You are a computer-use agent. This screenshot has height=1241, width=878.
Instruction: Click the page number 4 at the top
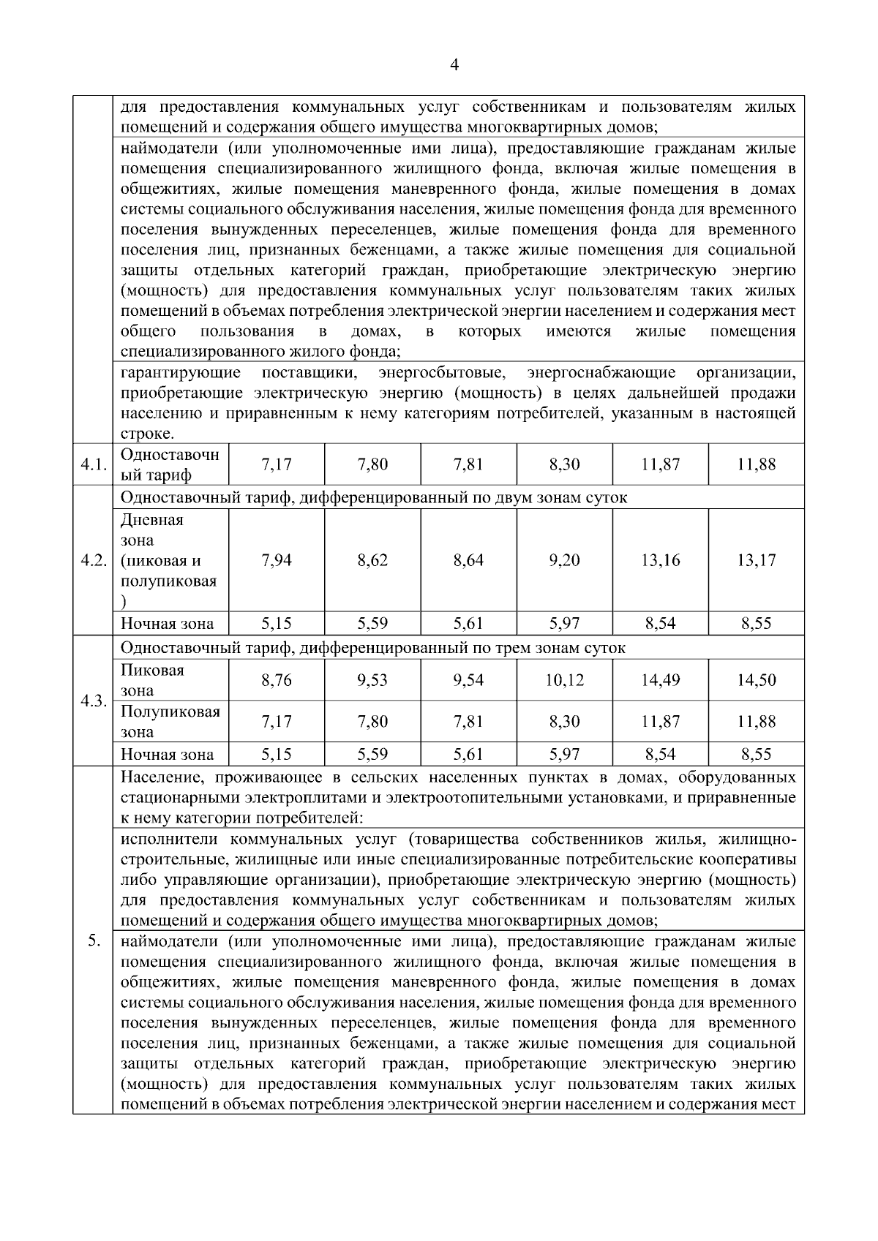pos(454,65)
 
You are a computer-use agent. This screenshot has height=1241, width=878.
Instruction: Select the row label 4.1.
pos(93,464)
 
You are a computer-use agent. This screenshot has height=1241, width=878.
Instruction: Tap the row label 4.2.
pos(93,561)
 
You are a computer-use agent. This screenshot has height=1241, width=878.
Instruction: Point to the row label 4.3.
pos(93,701)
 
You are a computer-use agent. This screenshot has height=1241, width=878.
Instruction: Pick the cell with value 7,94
pos(276,561)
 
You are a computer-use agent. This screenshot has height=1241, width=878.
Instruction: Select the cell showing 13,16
pos(660,561)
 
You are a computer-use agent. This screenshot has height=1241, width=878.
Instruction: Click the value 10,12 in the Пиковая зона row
pos(564,681)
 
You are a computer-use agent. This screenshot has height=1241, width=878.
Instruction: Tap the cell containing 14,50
pos(756,681)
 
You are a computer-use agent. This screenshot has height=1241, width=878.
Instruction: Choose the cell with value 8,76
pos(276,681)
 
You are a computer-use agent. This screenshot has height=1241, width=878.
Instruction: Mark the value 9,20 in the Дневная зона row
pos(564,561)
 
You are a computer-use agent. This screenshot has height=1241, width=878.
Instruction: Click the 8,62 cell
pos(372,561)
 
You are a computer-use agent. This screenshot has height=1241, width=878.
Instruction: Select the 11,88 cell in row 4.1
pos(756,464)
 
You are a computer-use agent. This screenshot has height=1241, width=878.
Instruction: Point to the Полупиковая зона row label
pos(170,722)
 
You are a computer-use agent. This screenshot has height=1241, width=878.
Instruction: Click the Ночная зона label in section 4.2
pos(168,624)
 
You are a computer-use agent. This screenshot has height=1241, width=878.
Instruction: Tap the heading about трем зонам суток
pos(373,648)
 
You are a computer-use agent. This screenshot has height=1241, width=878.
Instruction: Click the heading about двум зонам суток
pos(373,498)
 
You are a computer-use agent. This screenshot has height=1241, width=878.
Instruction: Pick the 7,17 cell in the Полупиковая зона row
pos(276,722)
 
